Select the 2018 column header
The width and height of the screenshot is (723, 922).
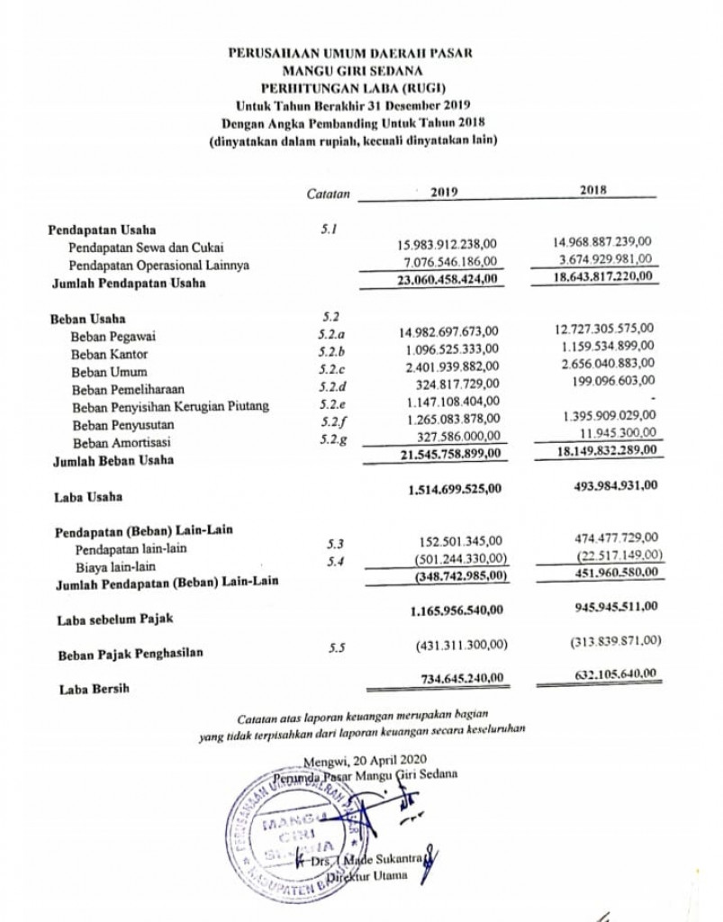(593, 190)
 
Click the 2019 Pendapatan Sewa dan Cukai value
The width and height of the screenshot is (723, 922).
(447, 244)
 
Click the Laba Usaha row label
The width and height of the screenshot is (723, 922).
(87, 495)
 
